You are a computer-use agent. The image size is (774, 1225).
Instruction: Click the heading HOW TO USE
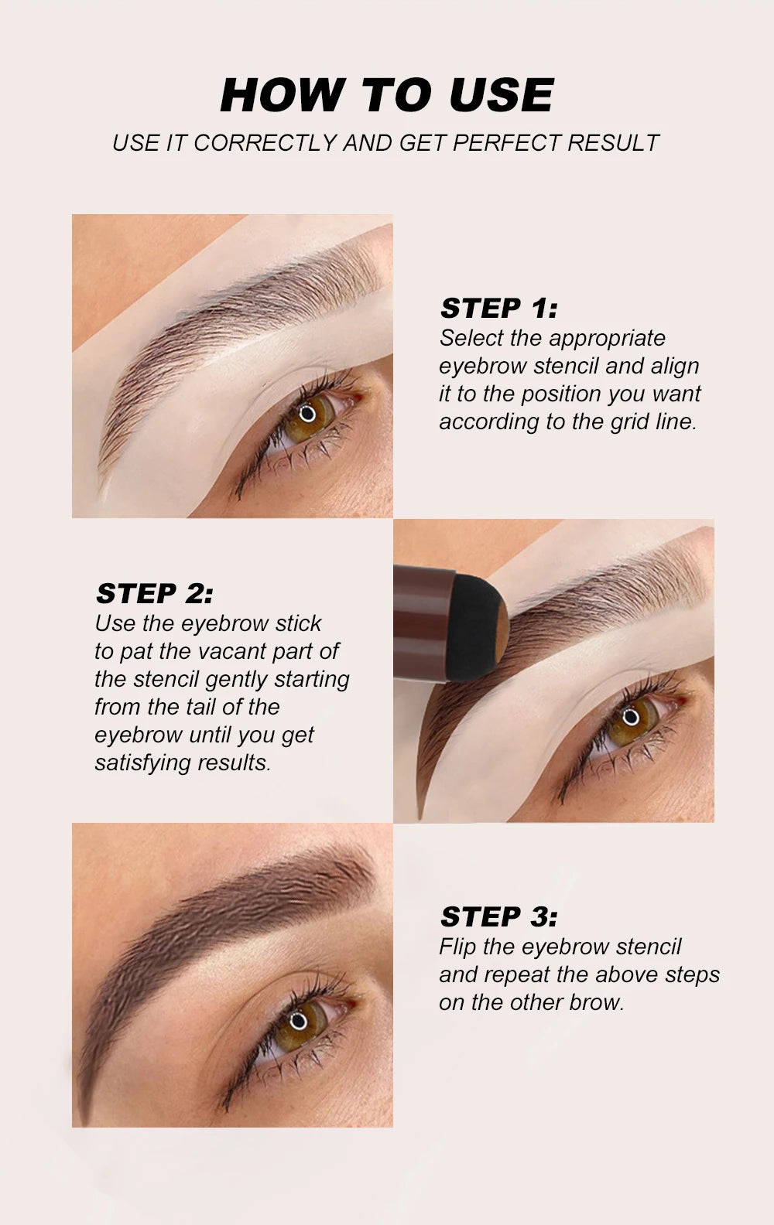[x=386, y=95]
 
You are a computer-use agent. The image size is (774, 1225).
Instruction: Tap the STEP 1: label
[x=498, y=309]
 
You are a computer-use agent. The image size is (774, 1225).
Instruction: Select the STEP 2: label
[x=154, y=594]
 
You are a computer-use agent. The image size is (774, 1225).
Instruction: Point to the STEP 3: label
[x=498, y=917]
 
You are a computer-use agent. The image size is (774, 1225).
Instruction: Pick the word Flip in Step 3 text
[x=457, y=947]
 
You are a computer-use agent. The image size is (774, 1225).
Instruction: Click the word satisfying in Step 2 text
[x=142, y=763]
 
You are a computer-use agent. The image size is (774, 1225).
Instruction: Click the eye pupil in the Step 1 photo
[x=307, y=412]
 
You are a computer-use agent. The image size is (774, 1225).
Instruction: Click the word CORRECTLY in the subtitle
[x=265, y=143]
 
